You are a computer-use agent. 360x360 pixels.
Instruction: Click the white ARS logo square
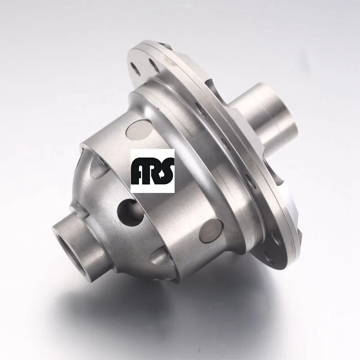coord(152,171)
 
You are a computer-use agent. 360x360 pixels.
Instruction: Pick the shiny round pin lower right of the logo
coord(211,230)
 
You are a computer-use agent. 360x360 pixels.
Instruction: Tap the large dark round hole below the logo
coord(130,212)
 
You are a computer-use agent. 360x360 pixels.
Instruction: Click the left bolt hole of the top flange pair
coord(136,69)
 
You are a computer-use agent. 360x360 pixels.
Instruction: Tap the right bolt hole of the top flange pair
coord(154,65)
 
